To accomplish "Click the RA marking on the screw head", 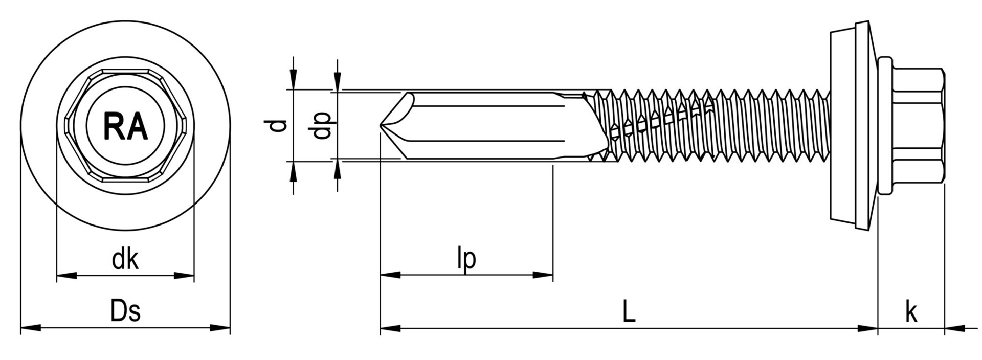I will [125, 126].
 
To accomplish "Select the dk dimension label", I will [125, 259].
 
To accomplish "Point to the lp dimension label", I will [466, 259].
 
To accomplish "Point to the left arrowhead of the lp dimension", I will [390, 276].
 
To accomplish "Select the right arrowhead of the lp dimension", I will [544, 276].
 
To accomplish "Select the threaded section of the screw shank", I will [716, 126].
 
